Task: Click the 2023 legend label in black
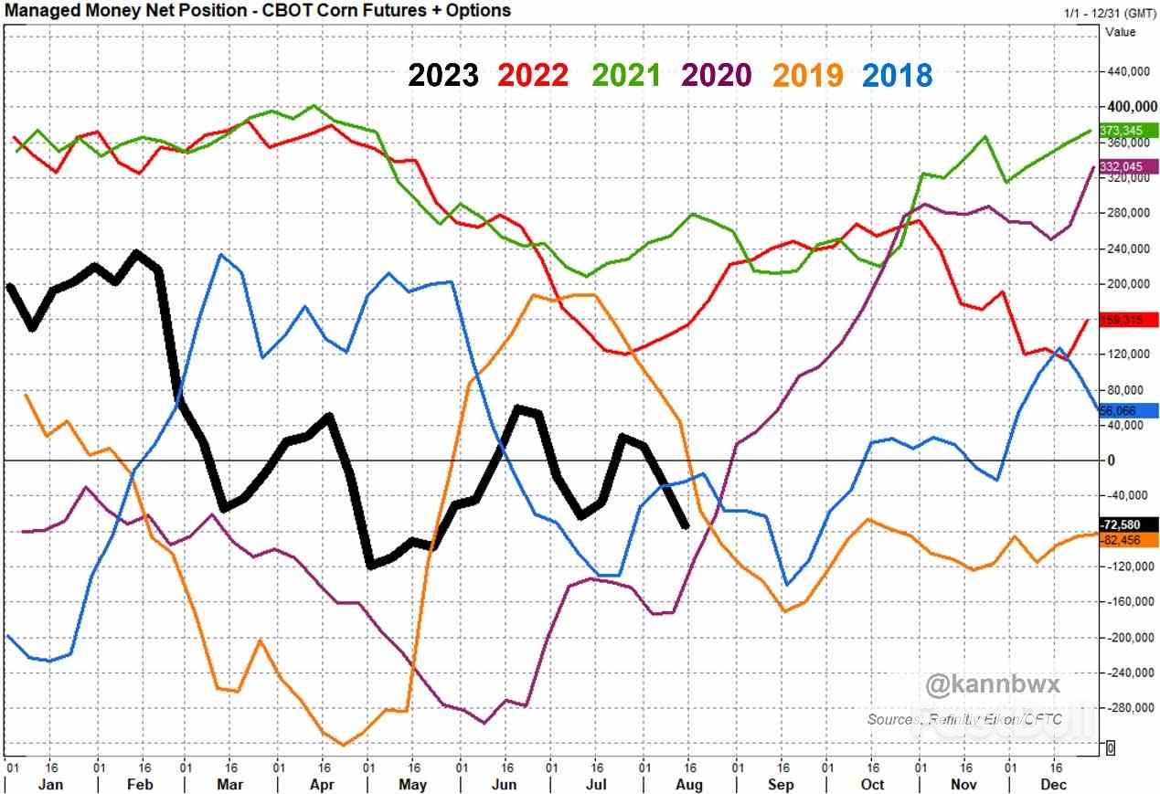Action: (x=443, y=75)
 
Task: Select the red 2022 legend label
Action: (x=534, y=75)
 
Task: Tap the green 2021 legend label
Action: (x=625, y=75)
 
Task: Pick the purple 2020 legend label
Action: (x=717, y=75)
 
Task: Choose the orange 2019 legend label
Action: (x=807, y=75)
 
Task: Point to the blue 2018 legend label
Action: (x=897, y=75)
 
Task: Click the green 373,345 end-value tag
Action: (x=1130, y=131)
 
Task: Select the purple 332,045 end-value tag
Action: (x=1130, y=166)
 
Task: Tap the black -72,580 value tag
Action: (x=1130, y=525)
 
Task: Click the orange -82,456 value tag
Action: (x=1130, y=541)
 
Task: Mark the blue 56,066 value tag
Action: (x=1130, y=411)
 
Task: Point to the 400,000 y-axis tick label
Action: (x=1130, y=107)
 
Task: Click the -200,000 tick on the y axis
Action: (x=1130, y=638)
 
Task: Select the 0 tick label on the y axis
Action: (x=1112, y=461)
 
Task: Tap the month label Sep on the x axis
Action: (x=781, y=785)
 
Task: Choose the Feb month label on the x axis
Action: (x=140, y=785)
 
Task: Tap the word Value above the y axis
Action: (x=1121, y=32)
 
